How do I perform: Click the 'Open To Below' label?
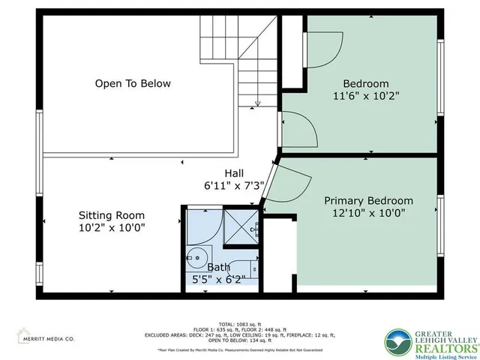point(133,83)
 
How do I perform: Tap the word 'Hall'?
point(235,173)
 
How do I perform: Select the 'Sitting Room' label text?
point(112,215)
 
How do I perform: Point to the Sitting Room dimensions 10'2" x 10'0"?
point(112,229)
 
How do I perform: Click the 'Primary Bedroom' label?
point(368,200)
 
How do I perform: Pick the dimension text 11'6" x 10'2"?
point(366,96)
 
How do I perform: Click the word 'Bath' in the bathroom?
point(219,266)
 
